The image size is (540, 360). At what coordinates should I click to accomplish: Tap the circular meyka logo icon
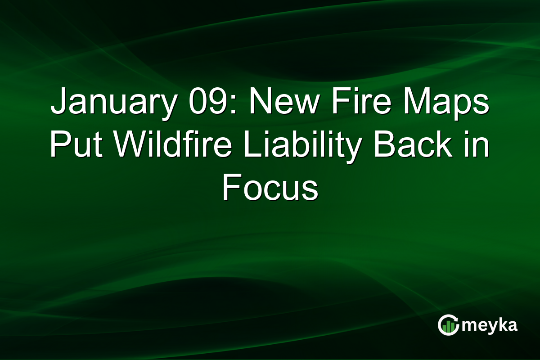coord(448,325)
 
